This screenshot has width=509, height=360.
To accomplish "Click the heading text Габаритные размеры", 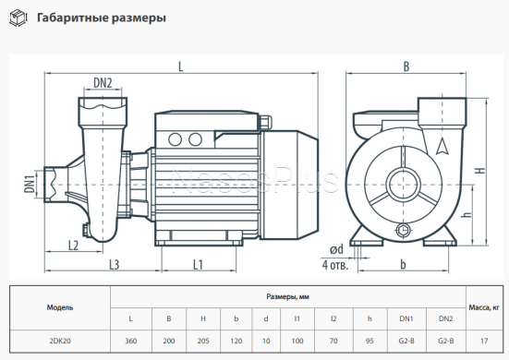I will pyautogui.click(x=102, y=18).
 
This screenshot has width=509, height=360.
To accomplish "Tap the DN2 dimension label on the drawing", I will pyautogui.click(x=103, y=84).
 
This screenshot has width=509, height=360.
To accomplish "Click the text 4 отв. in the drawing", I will pyautogui.click(x=335, y=265).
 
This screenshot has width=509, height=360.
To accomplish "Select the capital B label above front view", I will pyautogui.click(x=406, y=66).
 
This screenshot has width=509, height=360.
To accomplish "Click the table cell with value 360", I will pyautogui.click(x=130, y=341).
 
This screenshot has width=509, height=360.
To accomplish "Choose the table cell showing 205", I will pyautogui.click(x=202, y=341).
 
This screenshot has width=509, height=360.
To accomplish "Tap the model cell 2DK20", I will pyautogui.click(x=60, y=341).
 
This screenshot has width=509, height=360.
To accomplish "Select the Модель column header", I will pyautogui.click(x=60, y=307).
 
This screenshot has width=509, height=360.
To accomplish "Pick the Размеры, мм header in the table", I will pyautogui.click(x=288, y=297).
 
